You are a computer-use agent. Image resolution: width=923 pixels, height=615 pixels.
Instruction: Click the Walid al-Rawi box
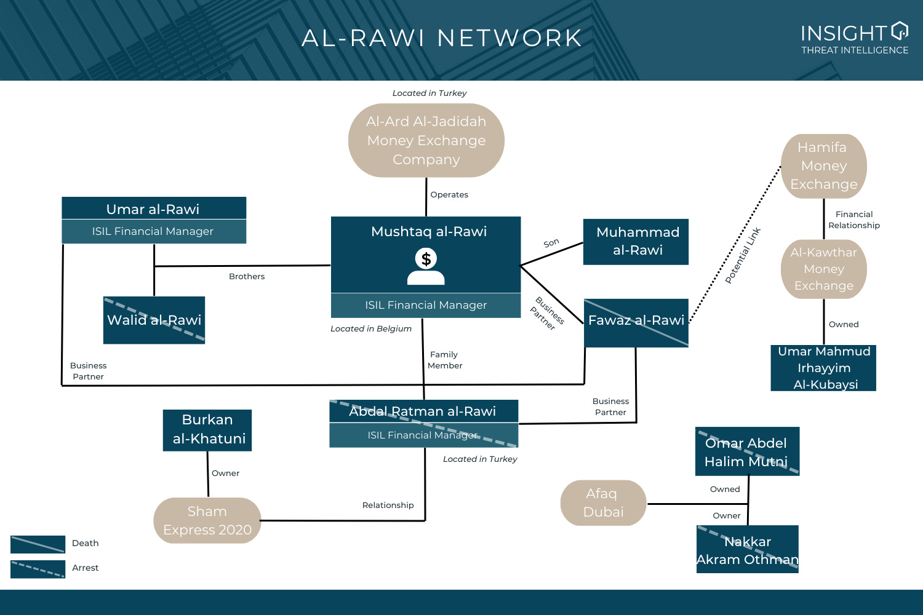pos(154,320)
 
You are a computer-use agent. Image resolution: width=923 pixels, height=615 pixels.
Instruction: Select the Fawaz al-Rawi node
pos(636,323)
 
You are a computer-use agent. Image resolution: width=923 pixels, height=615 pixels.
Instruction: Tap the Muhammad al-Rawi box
pos(636,242)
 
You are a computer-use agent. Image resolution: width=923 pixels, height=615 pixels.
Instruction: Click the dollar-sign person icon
pos(426,266)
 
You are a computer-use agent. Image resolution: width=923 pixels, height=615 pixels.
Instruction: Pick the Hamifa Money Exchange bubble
pos(823,166)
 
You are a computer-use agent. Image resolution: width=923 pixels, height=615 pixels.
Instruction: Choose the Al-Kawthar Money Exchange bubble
pos(823,269)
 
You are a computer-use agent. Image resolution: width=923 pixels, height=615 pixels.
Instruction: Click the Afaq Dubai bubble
pos(603,503)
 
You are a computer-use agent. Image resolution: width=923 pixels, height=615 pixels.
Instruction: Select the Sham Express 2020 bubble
pos(207,520)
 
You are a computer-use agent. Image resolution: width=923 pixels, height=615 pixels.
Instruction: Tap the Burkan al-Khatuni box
pos(207,430)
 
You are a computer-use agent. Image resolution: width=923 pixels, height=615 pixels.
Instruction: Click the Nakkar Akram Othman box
pos(747,549)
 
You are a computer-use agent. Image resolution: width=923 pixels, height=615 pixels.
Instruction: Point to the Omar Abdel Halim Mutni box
pos(747,451)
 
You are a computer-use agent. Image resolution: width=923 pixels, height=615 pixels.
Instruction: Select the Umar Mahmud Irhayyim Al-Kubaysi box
pos(823,368)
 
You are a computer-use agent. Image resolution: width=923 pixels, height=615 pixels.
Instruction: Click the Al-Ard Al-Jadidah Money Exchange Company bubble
pos(426,140)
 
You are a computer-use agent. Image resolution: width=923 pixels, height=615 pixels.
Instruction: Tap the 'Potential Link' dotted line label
pos(743,255)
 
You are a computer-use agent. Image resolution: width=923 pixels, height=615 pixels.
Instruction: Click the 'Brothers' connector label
pos(247,277)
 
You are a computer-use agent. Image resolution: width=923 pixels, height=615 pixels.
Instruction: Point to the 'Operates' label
pos(449,195)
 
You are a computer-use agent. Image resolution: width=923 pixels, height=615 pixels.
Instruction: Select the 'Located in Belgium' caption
pos(371,329)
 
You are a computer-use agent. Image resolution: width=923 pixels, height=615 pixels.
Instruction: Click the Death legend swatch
pos(38,544)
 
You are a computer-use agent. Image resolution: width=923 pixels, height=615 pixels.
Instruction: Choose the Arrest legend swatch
pos(38,569)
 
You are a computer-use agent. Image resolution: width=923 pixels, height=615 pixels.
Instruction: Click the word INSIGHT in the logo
pos(844,33)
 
